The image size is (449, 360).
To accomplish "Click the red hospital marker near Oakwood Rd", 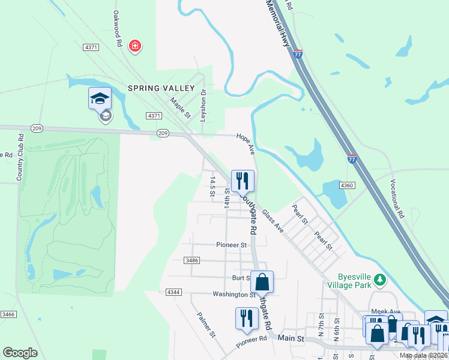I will pyautogui.click(x=135, y=46).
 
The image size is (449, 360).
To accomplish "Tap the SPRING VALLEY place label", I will pyautogui.click(x=161, y=88).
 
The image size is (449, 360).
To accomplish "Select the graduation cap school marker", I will pyautogui.click(x=100, y=98).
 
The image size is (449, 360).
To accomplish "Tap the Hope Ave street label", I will pyautogui.click(x=246, y=143).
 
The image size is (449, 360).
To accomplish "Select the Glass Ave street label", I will pyautogui.click(x=273, y=220).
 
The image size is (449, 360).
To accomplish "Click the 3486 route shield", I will pyautogui.click(x=192, y=260).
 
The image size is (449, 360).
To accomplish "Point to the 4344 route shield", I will pyautogui.click(x=173, y=292).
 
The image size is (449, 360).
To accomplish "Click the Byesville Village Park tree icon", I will pyautogui.click(x=379, y=280).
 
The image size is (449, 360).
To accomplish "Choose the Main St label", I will pyautogui.click(x=292, y=338).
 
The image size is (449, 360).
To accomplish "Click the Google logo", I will pyautogui.click(x=20, y=353).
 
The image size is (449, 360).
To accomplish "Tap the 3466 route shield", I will pyautogui.click(x=8, y=314).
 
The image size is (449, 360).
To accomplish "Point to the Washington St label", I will pyautogui.click(x=234, y=295).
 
